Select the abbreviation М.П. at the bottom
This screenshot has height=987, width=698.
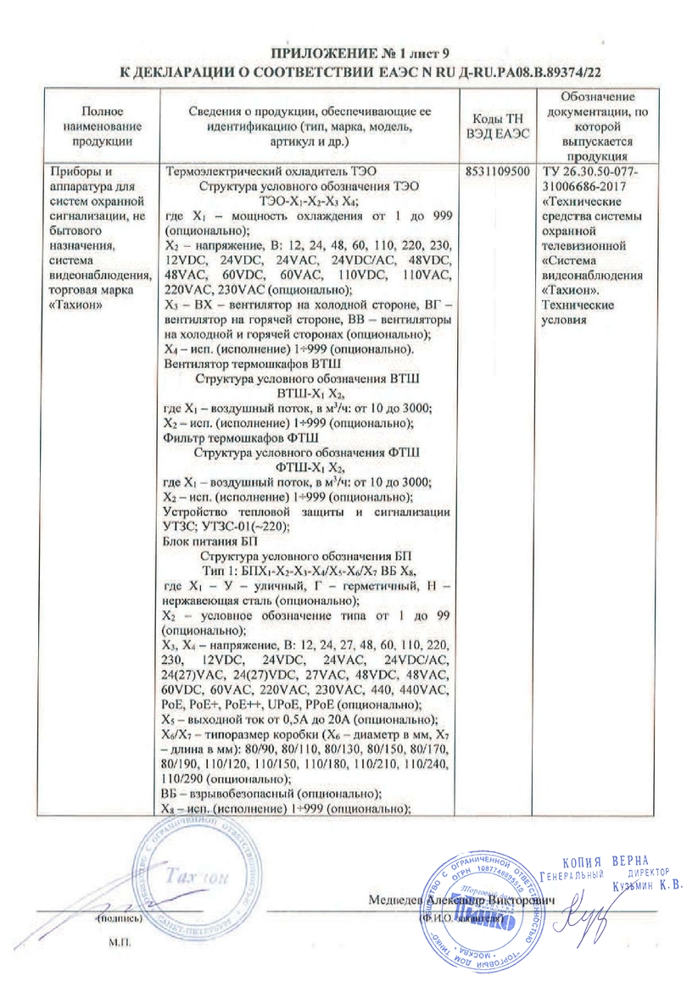click(116, 941)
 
